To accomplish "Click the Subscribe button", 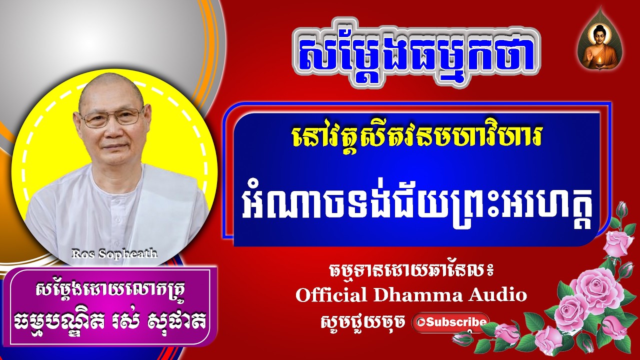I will click(450, 322).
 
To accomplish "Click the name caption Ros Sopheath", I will click(114, 253).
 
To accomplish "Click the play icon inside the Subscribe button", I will click(419, 322).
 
